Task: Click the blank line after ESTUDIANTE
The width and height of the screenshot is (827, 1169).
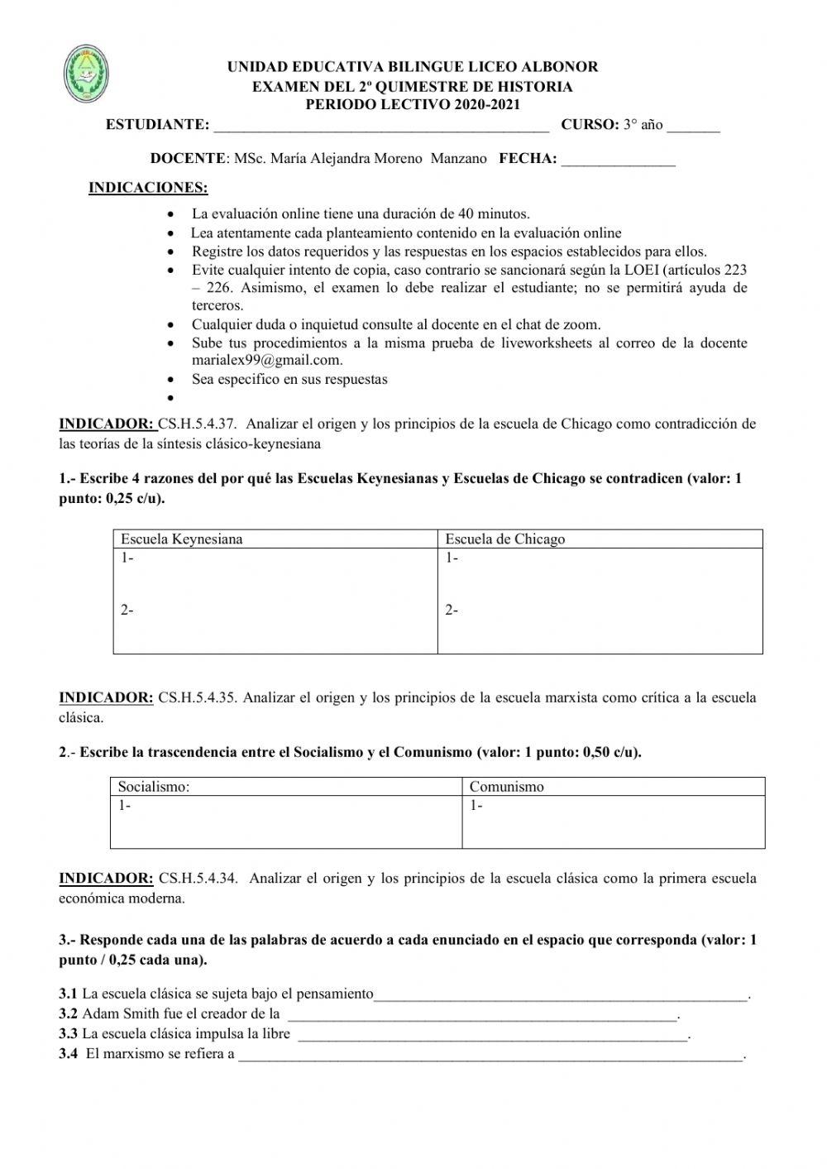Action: pyautogui.click(x=380, y=127)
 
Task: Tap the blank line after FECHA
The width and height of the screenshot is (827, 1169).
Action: pyautogui.click(x=618, y=160)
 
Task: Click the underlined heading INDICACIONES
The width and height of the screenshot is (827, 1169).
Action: pyautogui.click(x=148, y=188)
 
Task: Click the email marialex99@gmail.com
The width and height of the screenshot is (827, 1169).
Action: pyautogui.click(x=267, y=360)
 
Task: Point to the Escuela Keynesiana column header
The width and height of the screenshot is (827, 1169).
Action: pyautogui.click(x=182, y=539)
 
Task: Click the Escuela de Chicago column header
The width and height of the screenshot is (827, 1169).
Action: pyautogui.click(x=504, y=539)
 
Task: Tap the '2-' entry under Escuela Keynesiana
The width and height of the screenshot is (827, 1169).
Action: pyautogui.click(x=127, y=611)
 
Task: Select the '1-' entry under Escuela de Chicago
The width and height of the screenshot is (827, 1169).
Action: pyautogui.click(x=452, y=558)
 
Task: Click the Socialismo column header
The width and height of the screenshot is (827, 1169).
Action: pyautogui.click(x=154, y=787)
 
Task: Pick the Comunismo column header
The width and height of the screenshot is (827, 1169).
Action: pyautogui.click(x=506, y=787)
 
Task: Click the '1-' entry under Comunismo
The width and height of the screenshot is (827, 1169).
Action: pyautogui.click(x=476, y=806)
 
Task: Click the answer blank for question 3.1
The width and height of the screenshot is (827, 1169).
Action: pyautogui.click(x=561, y=995)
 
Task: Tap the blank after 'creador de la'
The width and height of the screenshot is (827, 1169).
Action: pyautogui.click(x=481, y=1015)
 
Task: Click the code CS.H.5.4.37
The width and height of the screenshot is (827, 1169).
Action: pyautogui.click(x=198, y=424)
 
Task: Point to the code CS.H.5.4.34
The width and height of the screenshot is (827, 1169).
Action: pyautogui.click(x=198, y=879)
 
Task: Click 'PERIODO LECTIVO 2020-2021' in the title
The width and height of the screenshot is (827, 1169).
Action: pyautogui.click(x=413, y=105)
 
